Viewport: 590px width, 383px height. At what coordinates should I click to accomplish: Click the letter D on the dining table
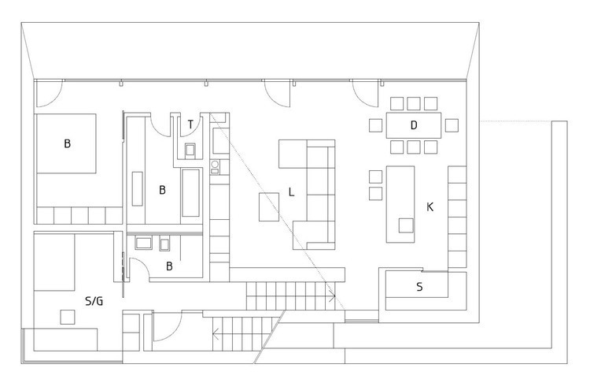click(414, 125)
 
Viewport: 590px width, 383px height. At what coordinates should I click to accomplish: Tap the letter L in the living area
click(291, 192)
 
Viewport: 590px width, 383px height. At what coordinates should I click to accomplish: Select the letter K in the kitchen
click(430, 207)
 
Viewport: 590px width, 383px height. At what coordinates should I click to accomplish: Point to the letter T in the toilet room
click(190, 125)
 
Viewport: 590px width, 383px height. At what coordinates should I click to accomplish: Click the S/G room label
click(94, 301)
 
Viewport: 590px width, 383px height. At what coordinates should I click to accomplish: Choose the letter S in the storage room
click(419, 287)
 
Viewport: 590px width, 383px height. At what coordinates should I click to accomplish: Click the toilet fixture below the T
click(190, 151)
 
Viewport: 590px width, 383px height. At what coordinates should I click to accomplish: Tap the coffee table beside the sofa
click(269, 207)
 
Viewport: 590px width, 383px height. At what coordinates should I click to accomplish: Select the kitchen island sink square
click(406, 225)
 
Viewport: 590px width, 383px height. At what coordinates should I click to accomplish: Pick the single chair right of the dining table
click(452, 125)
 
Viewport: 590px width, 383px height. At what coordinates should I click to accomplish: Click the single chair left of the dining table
click(375, 125)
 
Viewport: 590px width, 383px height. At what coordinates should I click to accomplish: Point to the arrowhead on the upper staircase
click(332, 296)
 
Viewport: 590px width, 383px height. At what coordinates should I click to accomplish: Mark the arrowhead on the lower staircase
click(216, 333)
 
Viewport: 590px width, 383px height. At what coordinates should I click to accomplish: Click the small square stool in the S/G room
click(68, 317)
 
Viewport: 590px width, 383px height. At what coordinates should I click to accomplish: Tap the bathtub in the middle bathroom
click(191, 193)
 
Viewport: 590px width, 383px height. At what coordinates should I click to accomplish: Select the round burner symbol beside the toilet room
click(215, 164)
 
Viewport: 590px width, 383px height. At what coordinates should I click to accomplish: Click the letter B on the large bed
click(68, 143)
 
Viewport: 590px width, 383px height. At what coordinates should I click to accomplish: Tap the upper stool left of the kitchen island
click(375, 177)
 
